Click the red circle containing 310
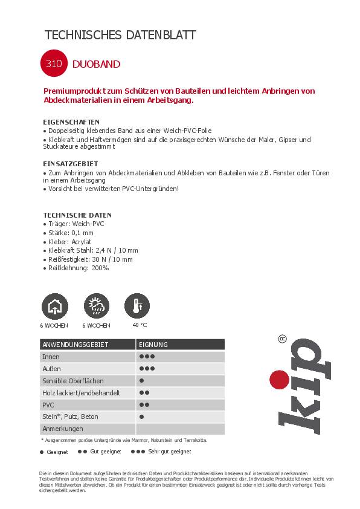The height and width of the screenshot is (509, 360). [54, 64]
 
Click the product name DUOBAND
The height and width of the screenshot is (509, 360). [96, 64]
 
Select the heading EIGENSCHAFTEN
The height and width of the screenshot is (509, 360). [71, 122]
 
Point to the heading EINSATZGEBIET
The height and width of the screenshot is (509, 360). [71, 164]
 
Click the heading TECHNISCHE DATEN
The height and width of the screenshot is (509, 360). [77, 215]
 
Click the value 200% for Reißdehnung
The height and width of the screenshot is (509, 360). [100, 268]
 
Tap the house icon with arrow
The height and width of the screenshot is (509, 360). [54, 306]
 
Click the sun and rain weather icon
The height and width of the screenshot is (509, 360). [96, 306]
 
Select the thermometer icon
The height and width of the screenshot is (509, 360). [138, 306]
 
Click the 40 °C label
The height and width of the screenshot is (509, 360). [140, 325]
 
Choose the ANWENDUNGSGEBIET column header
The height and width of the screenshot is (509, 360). [76, 345]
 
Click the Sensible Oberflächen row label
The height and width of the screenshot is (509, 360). [73, 381]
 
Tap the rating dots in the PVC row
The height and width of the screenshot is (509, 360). [144, 405]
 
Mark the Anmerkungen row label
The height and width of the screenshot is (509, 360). [63, 429]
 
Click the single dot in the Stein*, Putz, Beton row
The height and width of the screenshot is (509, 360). [141, 417]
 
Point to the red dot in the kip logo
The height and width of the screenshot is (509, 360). [278, 380]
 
